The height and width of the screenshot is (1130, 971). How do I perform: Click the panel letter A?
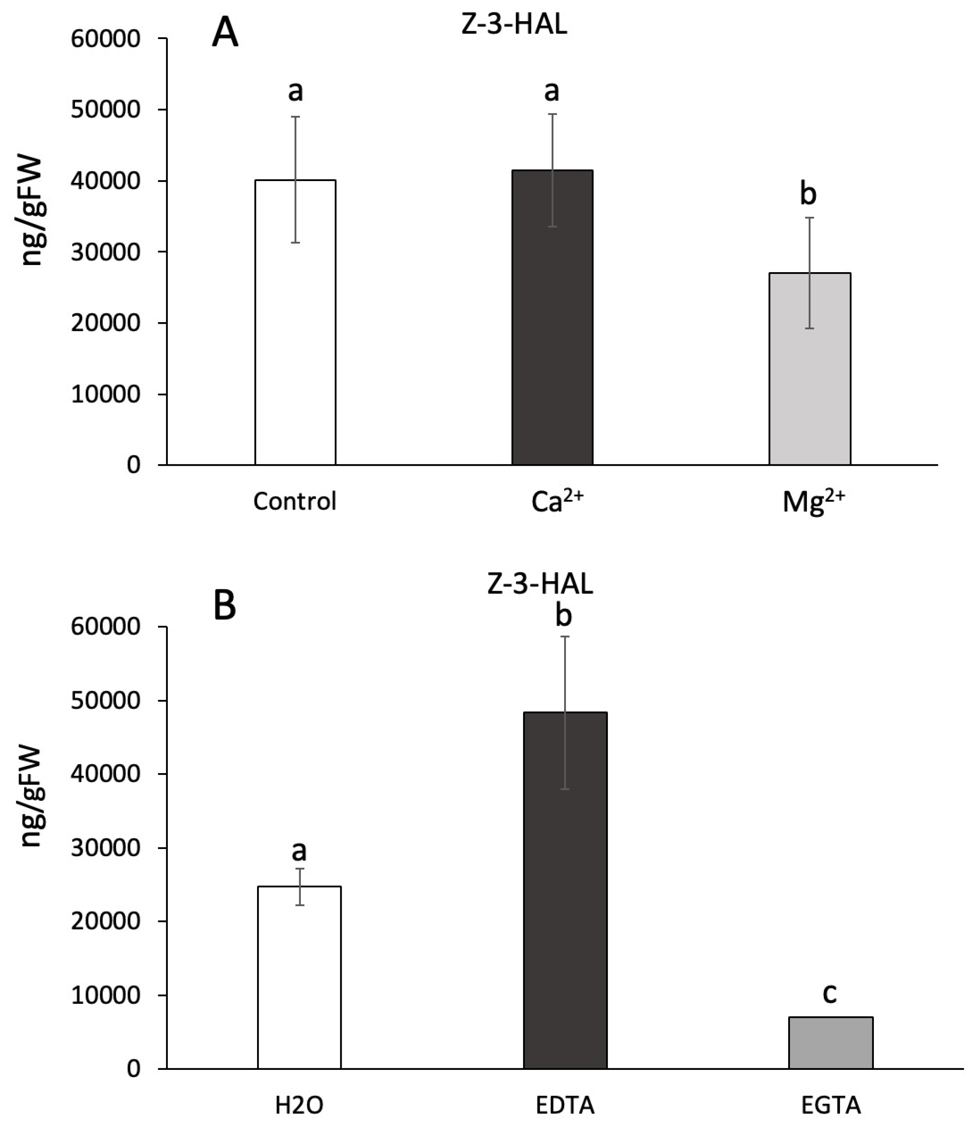pyautogui.click(x=225, y=33)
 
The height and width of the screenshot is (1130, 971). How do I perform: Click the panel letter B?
pyautogui.click(x=224, y=605)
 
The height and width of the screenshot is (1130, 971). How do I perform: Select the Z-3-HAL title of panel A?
pyautogui.click(x=514, y=25)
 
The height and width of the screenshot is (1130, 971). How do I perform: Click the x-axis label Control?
pyautogui.click(x=295, y=501)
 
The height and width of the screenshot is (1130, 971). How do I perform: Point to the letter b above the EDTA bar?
pyautogui.click(x=563, y=615)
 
